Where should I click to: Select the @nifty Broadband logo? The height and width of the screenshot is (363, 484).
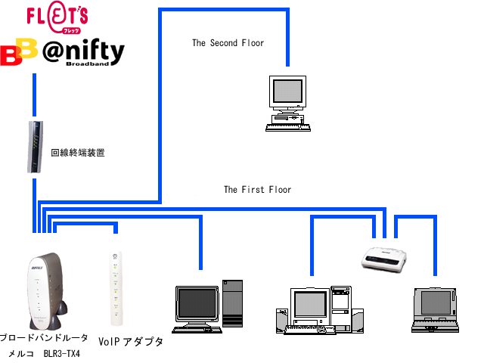pyautogui.click(x=83, y=54)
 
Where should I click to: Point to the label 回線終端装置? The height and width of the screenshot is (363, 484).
pyautogui.click(x=77, y=153)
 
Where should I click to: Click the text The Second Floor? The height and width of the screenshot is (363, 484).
pyautogui.click(x=228, y=43)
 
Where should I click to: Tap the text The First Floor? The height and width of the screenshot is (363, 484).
pyautogui.click(x=257, y=190)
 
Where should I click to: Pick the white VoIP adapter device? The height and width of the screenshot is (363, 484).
pyautogui.click(x=115, y=285)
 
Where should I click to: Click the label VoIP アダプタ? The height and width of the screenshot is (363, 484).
pyautogui.click(x=131, y=342)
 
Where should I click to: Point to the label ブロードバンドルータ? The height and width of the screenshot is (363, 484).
pyautogui.click(x=44, y=338)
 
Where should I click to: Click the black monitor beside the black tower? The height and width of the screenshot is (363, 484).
pyautogui.click(x=196, y=304)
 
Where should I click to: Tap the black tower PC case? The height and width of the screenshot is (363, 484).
pyautogui.click(x=233, y=303)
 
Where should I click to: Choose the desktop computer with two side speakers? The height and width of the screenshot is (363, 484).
pyautogui.click(x=314, y=309)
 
